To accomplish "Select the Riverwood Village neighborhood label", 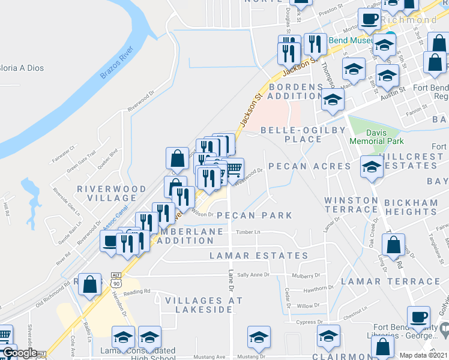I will coord(107,193).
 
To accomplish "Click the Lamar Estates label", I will coord(259,256).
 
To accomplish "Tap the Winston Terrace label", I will coord(352,205).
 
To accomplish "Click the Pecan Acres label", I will coord(309,166).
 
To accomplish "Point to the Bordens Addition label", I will coord(295,91).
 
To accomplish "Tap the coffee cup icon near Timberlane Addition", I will coord(110,241).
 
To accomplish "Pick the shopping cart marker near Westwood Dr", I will coord(234,168).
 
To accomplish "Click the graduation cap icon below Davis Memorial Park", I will coord(372,167).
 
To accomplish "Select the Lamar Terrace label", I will coord(390,281).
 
